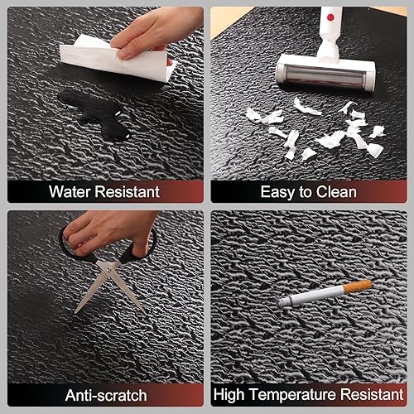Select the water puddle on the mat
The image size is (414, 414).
coord(95,112)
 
